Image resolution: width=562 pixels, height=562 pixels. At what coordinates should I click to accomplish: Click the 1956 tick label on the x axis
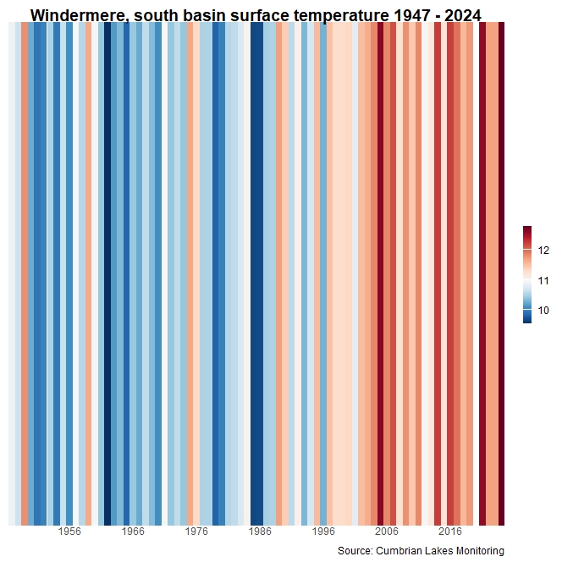[x=69, y=532]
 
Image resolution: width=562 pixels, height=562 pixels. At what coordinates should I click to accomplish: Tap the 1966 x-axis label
[x=133, y=532]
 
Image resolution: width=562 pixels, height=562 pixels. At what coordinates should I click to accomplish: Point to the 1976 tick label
[x=196, y=532]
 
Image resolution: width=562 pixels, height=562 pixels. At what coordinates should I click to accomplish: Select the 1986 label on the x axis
[x=260, y=532]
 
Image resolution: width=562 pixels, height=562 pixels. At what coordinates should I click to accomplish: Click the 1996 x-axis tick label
[x=323, y=532]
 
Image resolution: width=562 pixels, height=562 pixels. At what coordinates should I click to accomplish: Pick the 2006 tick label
[x=387, y=532]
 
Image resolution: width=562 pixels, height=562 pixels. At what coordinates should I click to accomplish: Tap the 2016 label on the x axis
[x=450, y=532]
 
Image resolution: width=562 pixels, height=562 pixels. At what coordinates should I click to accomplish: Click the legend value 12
[x=543, y=251]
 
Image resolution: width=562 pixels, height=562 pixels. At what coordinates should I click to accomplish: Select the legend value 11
[x=543, y=281]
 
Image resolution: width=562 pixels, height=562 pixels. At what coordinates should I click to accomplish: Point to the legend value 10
[x=543, y=311]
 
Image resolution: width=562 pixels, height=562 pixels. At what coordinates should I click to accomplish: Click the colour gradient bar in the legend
[x=527, y=275]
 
